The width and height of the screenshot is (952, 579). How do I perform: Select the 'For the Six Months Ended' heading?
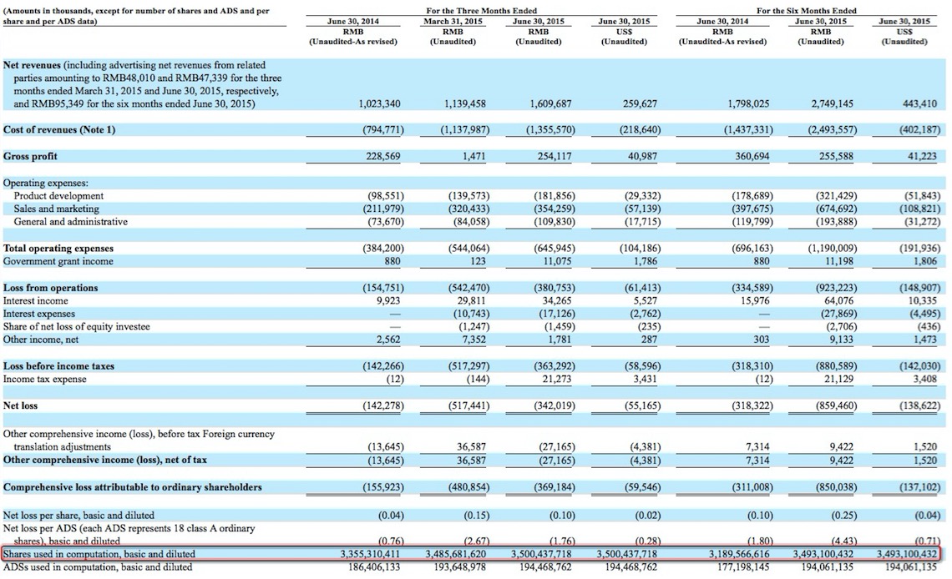806,10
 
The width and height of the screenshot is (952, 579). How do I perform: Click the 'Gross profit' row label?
31,157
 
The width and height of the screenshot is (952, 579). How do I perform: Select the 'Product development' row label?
58,196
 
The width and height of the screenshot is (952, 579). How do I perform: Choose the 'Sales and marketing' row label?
56,209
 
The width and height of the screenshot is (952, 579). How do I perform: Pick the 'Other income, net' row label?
43,340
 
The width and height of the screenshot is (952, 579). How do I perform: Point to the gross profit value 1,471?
474,157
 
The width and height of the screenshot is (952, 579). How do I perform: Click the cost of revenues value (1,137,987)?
463,130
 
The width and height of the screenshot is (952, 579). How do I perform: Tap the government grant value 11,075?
551,261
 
